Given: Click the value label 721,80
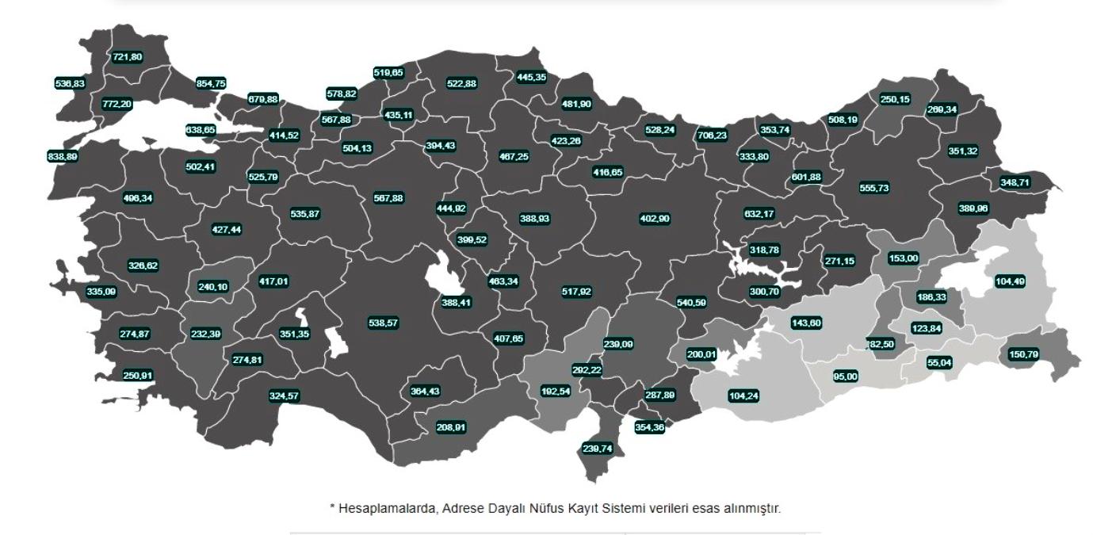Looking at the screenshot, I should point(127,57).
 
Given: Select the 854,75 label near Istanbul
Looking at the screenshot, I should point(210,83).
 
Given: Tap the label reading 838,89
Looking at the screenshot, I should point(63,157).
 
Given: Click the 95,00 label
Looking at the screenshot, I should point(846,376).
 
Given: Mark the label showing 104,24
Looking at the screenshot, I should point(743,396).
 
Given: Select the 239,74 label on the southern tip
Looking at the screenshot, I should point(598,448).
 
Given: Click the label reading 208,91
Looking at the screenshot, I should point(451,427).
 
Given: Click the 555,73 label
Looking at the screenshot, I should point(874,188).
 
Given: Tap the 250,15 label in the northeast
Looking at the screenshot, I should point(895,99).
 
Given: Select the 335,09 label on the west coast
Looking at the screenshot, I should point(101,292).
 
